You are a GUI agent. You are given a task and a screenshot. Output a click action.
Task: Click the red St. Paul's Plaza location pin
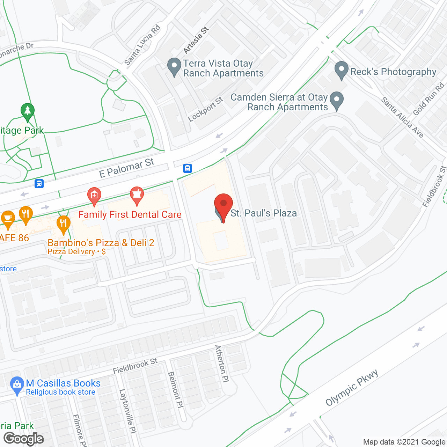click(223, 204)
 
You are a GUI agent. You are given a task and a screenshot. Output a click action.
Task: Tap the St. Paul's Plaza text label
click(264, 213)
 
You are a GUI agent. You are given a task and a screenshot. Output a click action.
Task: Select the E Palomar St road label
click(127, 168)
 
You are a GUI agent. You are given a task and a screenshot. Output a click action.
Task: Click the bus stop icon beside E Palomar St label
click(188, 168)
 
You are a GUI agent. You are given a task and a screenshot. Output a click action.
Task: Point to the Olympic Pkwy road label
click(352, 388)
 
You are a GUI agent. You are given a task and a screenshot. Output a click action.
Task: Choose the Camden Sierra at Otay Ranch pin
click(337, 100)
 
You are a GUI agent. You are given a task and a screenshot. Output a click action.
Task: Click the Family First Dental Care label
click(130, 214)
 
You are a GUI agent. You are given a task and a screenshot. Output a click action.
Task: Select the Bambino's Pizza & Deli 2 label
click(101, 243)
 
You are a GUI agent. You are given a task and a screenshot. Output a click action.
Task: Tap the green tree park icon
click(27, 111)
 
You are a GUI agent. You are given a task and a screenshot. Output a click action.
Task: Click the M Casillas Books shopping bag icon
click(17, 385)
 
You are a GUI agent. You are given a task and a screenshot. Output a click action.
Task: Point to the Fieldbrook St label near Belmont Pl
click(135, 366)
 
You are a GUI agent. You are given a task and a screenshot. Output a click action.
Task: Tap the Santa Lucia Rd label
click(142, 45)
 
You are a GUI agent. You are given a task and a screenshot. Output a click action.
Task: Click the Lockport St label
click(205, 109)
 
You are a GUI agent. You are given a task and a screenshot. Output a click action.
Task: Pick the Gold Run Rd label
click(429, 99)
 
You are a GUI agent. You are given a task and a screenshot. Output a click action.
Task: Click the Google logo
click(23, 439)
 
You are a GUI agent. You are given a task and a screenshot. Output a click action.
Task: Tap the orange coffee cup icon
click(8, 218)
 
